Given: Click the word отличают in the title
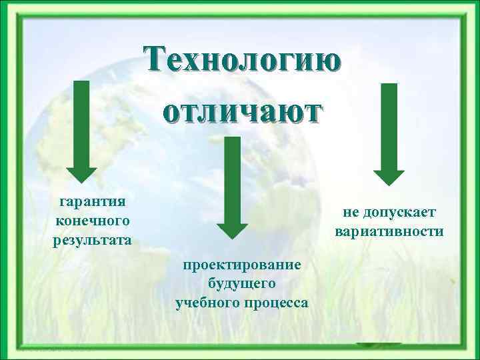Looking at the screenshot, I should (242, 110).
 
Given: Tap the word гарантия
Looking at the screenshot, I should (92, 201).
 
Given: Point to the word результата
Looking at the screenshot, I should (92, 239).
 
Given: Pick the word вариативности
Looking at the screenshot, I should (389, 232).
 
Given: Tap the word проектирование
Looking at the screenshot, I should (242, 265).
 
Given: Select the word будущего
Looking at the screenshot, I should (242, 284).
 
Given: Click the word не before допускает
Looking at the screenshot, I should (351, 212).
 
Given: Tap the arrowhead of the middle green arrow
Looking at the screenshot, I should (232, 227).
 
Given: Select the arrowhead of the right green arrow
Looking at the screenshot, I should (389, 176).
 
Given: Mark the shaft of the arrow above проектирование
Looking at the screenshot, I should (232, 177).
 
